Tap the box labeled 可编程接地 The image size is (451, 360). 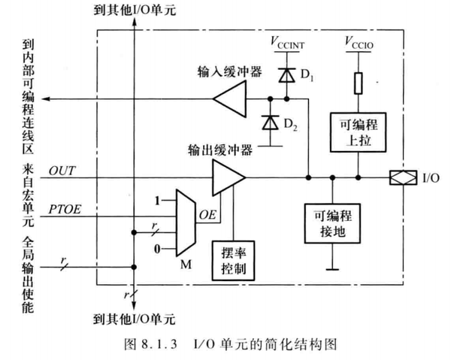(331, 224)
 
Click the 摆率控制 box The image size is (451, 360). (233, 259)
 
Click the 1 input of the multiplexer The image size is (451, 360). (158, 201)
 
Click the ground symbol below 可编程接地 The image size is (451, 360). (331, 266)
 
